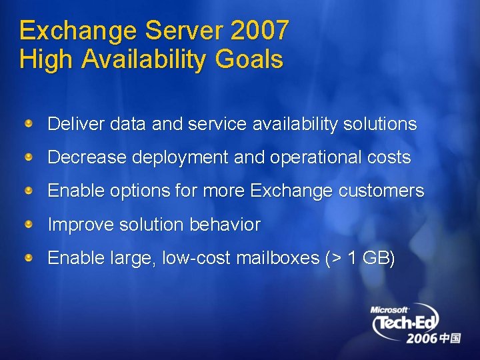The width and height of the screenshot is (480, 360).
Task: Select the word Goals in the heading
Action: tap(249, 59)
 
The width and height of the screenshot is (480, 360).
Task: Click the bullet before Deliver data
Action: tap(29, 123)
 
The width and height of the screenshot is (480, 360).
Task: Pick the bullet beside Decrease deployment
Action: tap(29, 157)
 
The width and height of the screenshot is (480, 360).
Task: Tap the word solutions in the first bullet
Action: tap(380, 124)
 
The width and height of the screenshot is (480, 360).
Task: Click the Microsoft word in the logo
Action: tap(389, 310)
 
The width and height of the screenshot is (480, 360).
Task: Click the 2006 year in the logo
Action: tap(422, 339)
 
